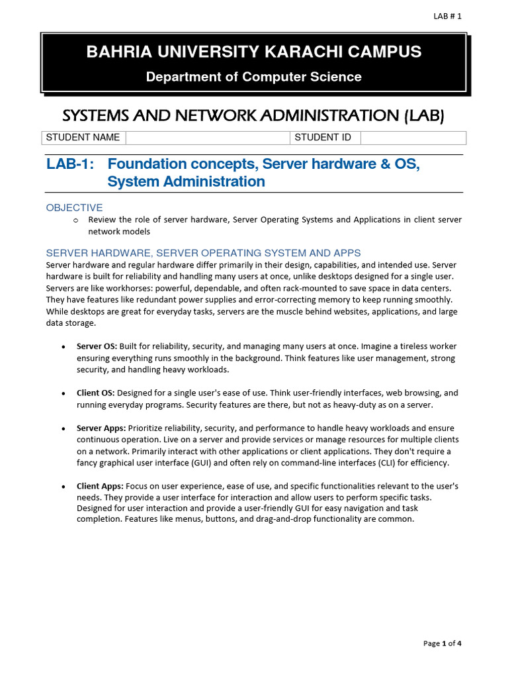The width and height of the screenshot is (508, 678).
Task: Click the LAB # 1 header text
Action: coord(446,17)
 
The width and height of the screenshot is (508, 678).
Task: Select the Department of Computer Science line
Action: coord(253,77)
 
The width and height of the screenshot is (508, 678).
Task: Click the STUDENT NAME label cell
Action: coord(83,138)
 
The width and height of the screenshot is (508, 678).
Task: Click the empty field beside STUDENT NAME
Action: coord(207,138)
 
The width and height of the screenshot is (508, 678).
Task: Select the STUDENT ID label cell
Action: coord(323,138)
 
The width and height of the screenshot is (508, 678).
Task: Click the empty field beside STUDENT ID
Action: coord(413,138)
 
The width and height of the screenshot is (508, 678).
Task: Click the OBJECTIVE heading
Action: coord(74,208)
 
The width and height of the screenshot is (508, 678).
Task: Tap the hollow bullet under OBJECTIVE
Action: coord(75,220)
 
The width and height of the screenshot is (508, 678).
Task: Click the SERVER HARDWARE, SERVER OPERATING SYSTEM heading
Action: coord(203,253)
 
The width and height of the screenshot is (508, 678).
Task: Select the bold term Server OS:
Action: coord(97,346)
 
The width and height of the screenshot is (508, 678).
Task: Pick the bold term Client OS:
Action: coord(95,393)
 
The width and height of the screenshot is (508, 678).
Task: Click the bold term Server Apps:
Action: coord(101,428)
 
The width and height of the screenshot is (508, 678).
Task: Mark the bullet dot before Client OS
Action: coord(63,393)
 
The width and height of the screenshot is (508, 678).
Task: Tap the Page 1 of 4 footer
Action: coord(442,643)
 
